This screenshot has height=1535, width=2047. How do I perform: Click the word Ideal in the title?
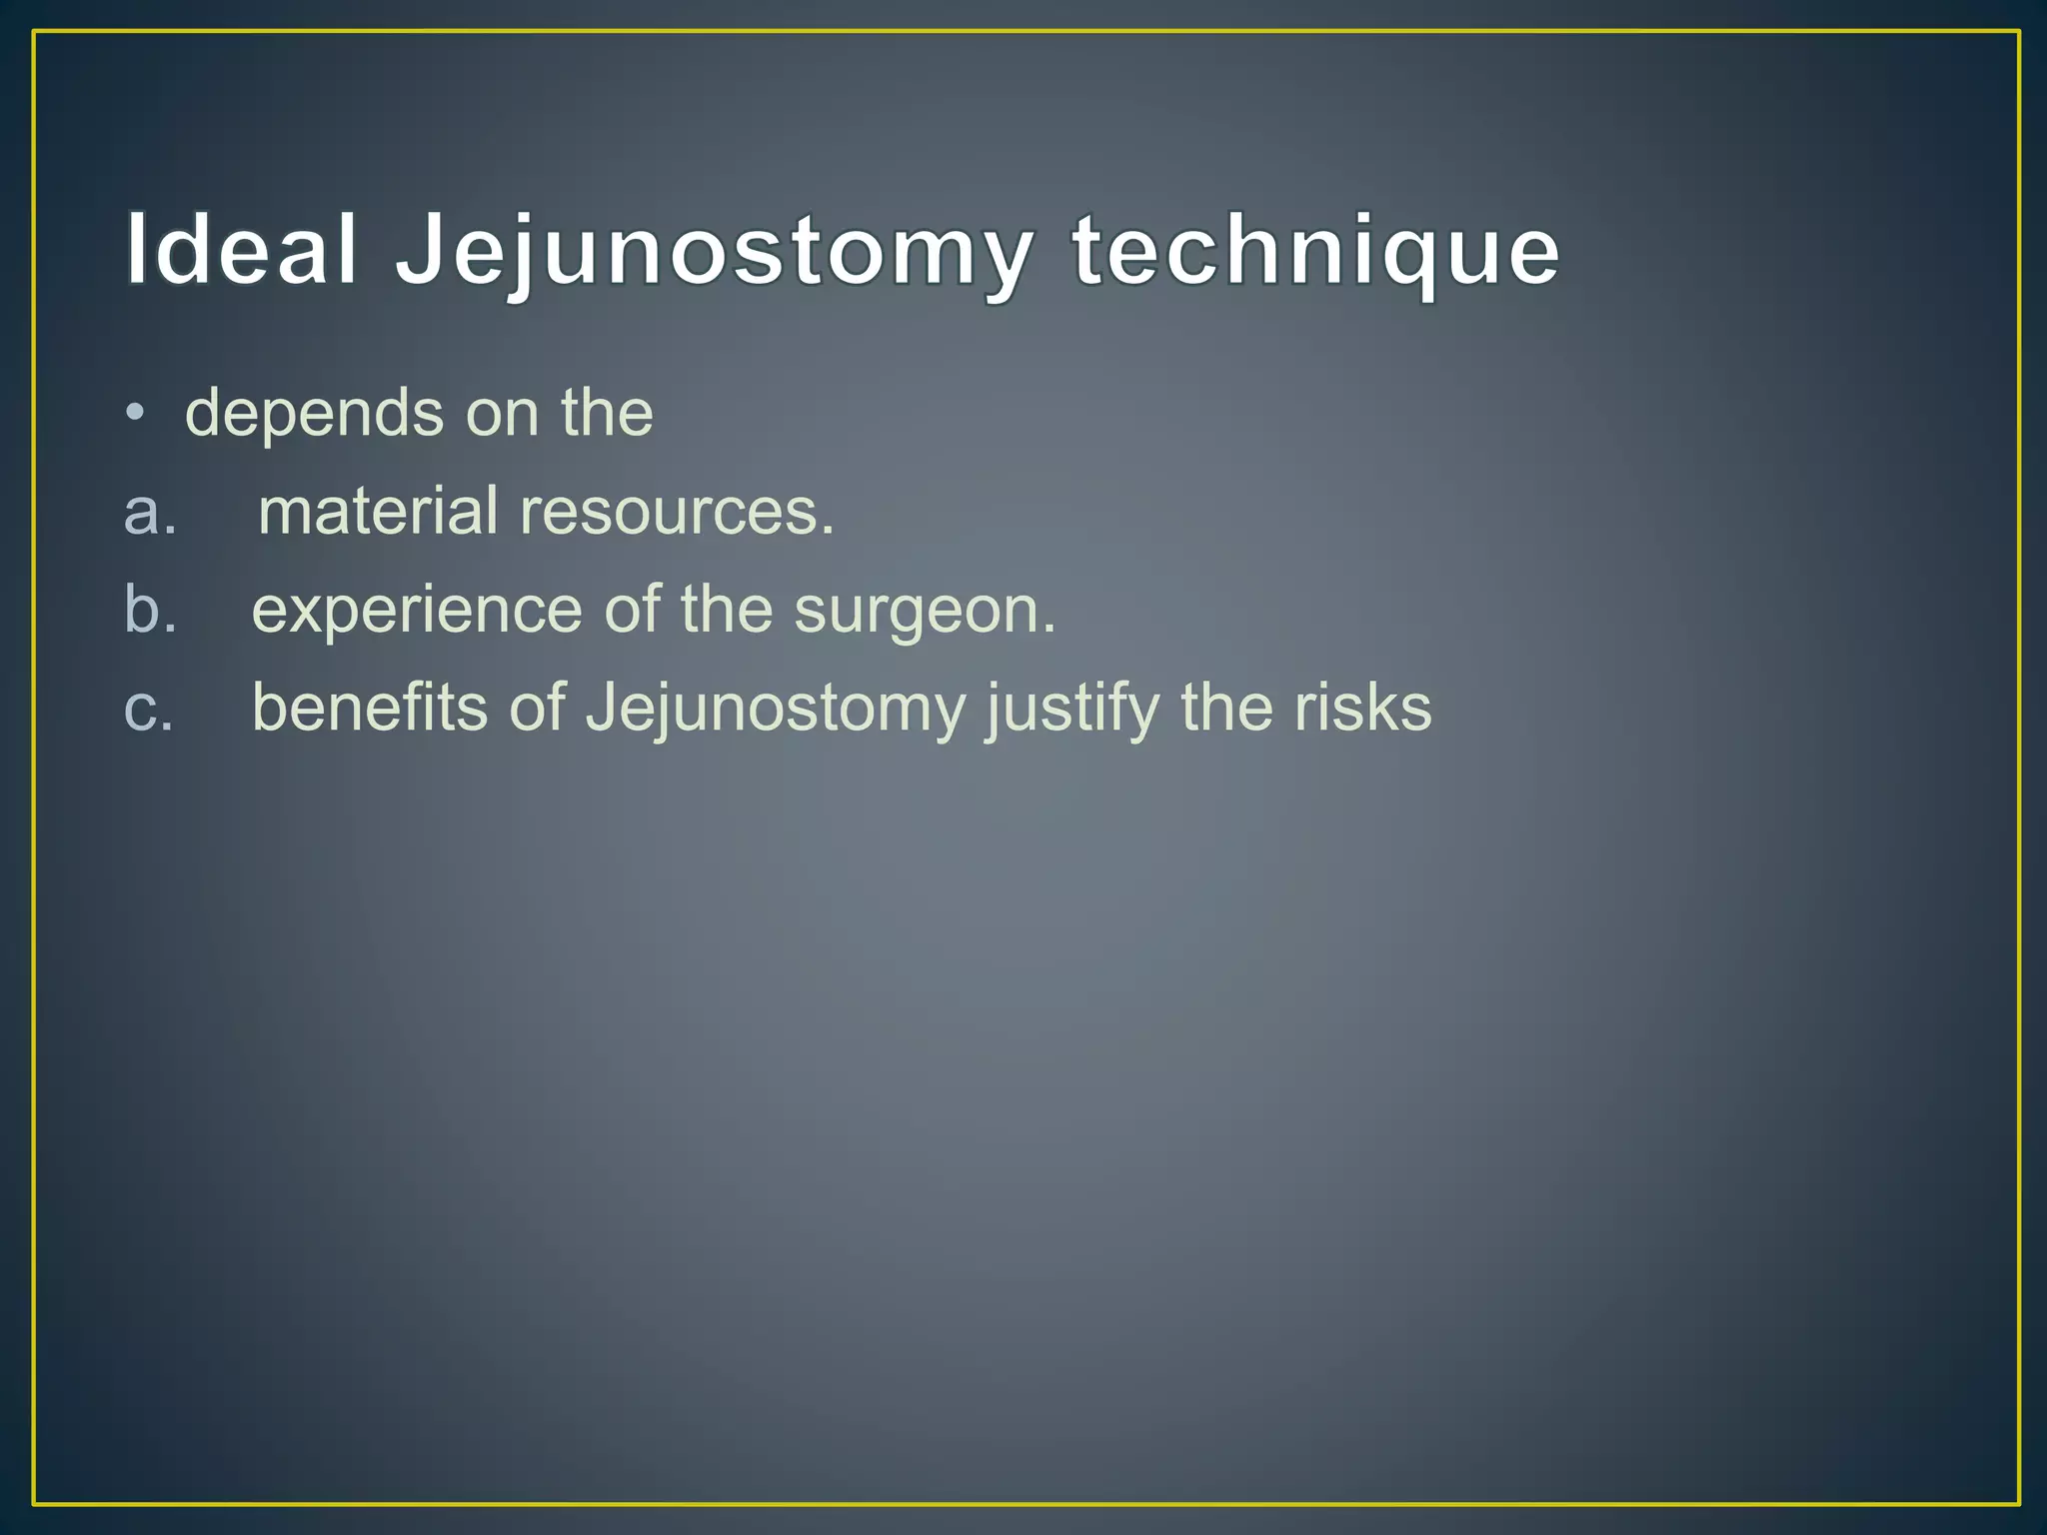241,250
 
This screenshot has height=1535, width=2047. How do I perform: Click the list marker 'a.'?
150,511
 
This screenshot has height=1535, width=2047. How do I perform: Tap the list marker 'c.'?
149,708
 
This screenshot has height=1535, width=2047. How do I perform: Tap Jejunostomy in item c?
776,710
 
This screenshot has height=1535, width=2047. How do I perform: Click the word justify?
1072,710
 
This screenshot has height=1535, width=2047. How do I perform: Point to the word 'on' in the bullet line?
502,413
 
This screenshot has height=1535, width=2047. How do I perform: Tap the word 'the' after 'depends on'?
607,413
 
